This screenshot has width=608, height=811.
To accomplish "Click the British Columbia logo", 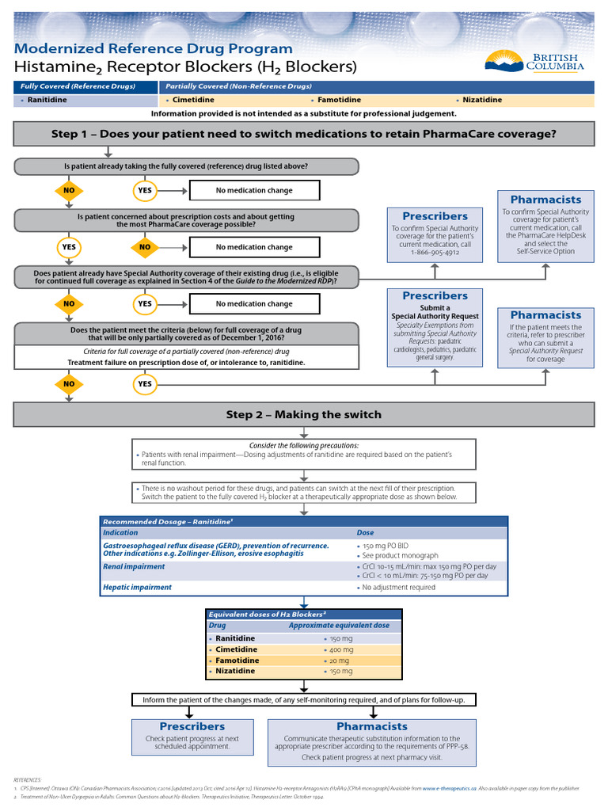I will click(534, 60).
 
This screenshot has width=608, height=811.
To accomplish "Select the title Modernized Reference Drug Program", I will click(154, 48).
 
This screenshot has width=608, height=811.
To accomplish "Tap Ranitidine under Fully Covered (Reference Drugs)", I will click(47, 101).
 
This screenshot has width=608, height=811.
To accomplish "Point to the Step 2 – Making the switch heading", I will click(304, 414).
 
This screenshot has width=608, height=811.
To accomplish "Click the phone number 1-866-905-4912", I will click(435, 253).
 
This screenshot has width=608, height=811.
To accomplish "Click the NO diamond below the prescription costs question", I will click(145, 247).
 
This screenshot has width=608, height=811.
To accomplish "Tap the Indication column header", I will click(120, 533).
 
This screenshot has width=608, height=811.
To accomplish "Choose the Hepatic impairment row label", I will click(137, 588).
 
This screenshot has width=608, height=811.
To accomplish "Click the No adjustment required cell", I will click(399, 588).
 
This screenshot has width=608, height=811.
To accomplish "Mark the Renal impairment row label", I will click(134, 567).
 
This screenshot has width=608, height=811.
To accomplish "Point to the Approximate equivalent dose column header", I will click(339, 626).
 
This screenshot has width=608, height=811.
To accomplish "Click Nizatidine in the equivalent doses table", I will click(235, 672).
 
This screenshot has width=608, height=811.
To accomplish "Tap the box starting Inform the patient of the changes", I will click(303, 700).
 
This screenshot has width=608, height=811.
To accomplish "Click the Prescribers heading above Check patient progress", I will click(192, 726).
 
